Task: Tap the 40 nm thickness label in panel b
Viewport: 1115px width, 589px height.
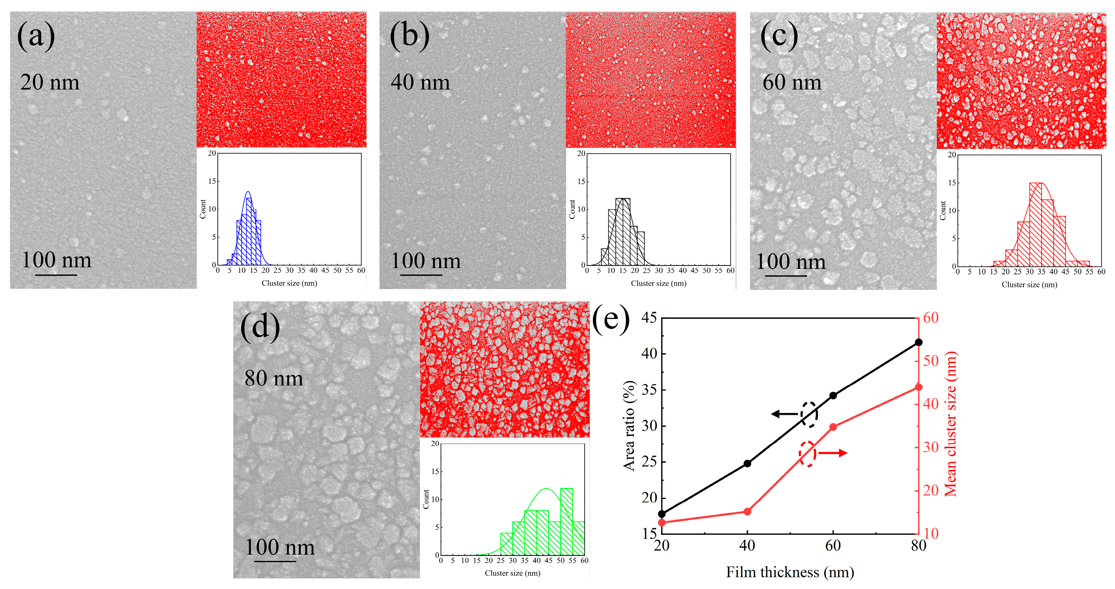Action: [420, 82]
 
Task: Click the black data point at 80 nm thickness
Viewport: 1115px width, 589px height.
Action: [918, 342]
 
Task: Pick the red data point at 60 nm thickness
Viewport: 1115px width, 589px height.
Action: [833, 427]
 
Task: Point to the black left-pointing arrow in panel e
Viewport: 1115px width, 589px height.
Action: [784, 414]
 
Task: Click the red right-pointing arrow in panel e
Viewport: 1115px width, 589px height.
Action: [832, 453]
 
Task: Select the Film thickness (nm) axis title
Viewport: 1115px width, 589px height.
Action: [789, 572]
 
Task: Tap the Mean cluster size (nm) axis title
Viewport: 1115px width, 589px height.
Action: [950, 424]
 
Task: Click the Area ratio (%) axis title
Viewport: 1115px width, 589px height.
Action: [629, 426]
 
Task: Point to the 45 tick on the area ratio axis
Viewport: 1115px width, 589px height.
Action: [649, 318]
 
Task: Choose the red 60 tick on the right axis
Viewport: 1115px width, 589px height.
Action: [931, 318]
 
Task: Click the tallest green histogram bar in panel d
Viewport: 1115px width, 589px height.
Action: [566, 521]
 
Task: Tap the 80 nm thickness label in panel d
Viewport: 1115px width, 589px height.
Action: [273, 378]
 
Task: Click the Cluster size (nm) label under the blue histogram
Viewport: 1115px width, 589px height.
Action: [289, 283]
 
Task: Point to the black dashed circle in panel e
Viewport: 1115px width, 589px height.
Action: [808, 414]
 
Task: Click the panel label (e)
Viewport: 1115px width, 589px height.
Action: [610, 319]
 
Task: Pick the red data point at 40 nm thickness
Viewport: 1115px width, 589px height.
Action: [747, 512]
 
